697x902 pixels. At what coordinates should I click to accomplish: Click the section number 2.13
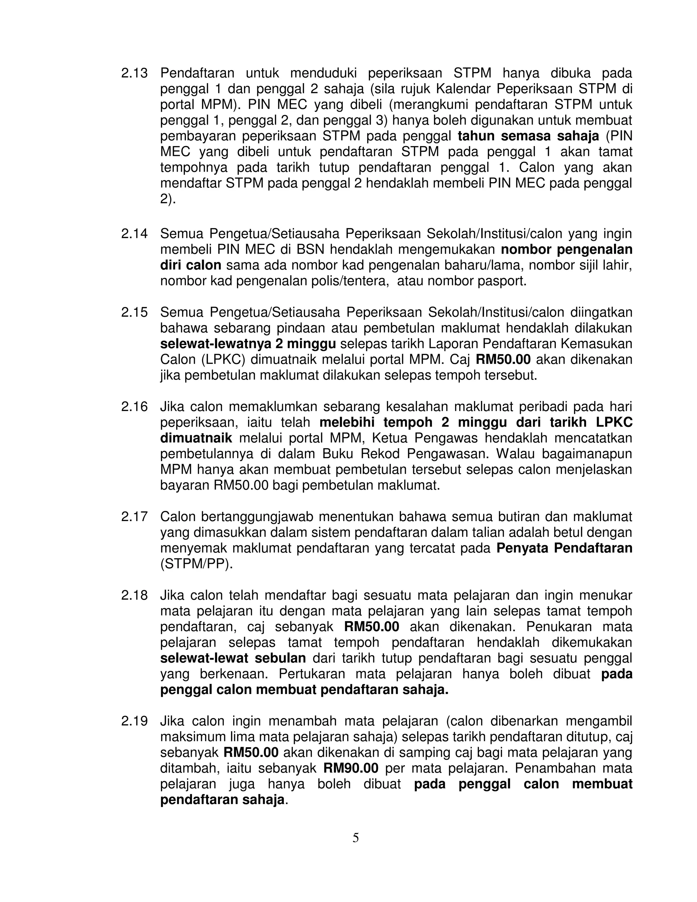click(x=134, y=74)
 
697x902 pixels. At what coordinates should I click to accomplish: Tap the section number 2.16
click(x=134, y=407)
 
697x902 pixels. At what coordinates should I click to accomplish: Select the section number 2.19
click(x=134, y=721)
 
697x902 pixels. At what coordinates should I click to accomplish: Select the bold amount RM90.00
click(x=351, y=768)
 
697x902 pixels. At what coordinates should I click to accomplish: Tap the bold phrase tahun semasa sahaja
click(x=528, y=136)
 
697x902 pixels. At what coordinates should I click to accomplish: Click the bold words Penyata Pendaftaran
click(x=564, y=548)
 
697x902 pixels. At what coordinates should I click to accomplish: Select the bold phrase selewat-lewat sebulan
click(x=233, y=658)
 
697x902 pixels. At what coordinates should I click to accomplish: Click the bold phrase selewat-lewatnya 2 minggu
click(x=248, y=344)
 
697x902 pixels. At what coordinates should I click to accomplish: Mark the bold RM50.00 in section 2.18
click(x=372, y=627)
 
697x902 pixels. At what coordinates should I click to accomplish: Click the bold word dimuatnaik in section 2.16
click(x=196, y=438)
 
